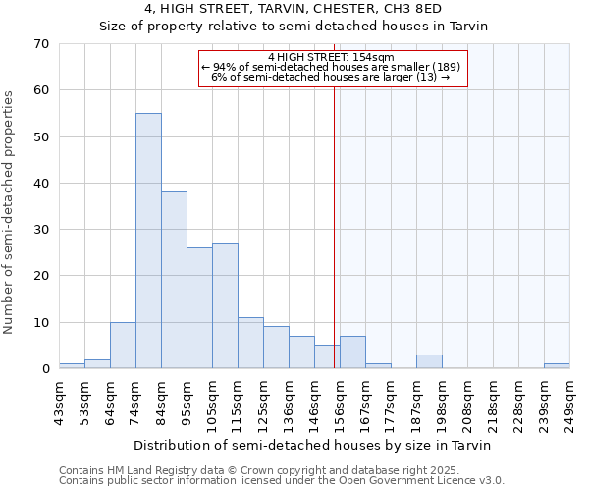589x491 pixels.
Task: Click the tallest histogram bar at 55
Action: (148, 241)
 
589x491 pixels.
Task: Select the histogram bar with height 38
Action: (174, 280)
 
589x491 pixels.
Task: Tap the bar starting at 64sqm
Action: (123, 346)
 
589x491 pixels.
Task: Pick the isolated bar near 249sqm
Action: (557, 366)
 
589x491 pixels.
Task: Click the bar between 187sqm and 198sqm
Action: (429, 361)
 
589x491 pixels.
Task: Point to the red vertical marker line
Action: (334, 226)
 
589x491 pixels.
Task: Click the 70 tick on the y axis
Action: (41, 44)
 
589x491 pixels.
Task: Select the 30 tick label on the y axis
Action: (41, 230)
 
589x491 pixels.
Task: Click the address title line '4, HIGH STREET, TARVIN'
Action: (293, 9)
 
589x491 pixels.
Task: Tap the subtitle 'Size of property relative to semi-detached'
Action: (293, 27)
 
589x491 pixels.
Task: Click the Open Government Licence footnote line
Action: (282, 480)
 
